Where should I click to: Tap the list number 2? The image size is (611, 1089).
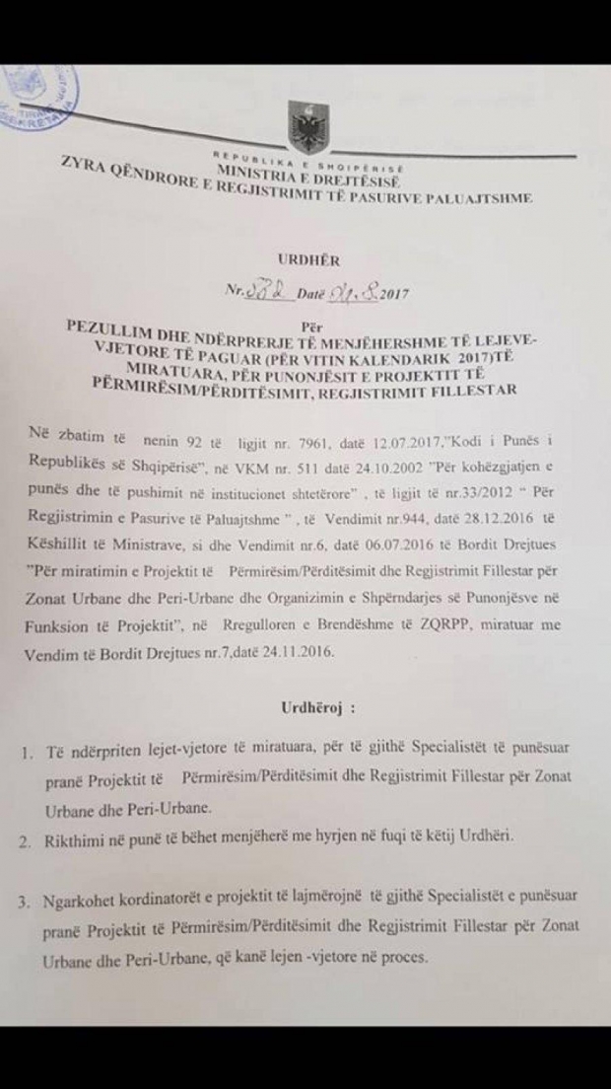point(23,841)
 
